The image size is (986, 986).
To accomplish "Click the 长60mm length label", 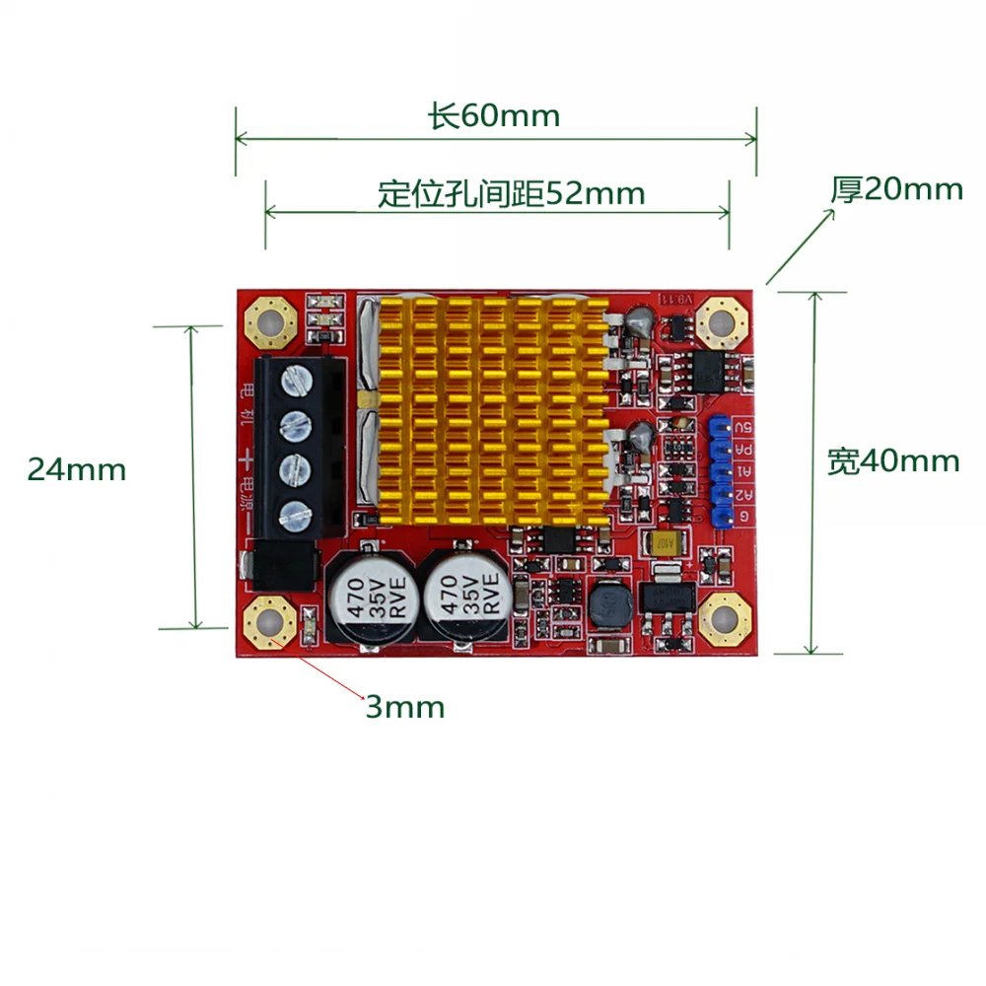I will pos(494,116).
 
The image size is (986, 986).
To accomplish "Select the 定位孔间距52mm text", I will pos(511,193).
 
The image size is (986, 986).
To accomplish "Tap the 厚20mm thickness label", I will pos(895,188).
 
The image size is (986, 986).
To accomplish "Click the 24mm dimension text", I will pos(77,469).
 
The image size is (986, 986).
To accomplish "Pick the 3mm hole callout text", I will pos(405,707).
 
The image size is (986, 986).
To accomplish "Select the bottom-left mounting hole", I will pos(269,622).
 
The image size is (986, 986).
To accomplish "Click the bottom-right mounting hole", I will pos(723,619).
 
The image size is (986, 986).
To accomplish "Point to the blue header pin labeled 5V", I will pos(718,427).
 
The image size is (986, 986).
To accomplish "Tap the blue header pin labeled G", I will pos(718,516).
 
